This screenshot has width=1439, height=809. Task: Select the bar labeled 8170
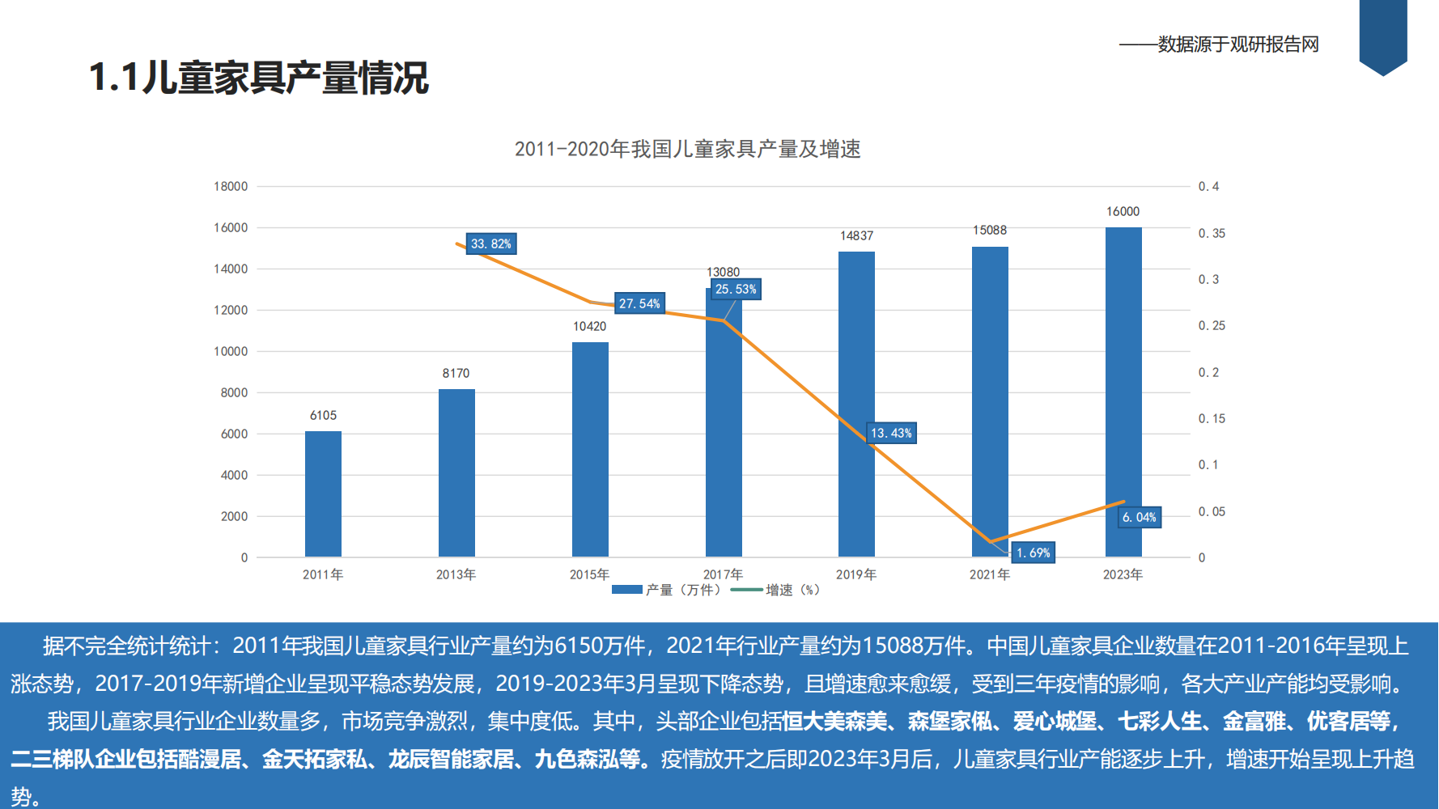coord(456,473)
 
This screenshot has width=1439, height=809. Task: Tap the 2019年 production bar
coord(856,404)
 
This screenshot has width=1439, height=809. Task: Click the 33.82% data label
coord(491,244)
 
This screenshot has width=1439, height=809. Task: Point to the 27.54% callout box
coord(639,303)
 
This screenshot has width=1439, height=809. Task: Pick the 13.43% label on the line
coord(891,433)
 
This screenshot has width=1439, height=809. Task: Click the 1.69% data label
coord(1034,553)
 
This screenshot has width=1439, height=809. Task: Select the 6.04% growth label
coord(1140,517)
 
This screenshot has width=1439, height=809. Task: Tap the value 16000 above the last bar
coord(1123,211)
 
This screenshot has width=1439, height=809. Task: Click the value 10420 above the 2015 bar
coord(589,326)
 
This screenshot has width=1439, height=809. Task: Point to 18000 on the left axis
coord(231,186)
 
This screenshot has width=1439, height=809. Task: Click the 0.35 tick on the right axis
coord(1212,233)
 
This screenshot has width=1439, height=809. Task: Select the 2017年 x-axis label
coord(723,574)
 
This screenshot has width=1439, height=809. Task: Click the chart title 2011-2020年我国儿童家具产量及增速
coord(687,149)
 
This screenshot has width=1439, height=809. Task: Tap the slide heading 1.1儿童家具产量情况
coord(259,78)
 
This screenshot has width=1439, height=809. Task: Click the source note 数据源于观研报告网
coord(1237,44)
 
